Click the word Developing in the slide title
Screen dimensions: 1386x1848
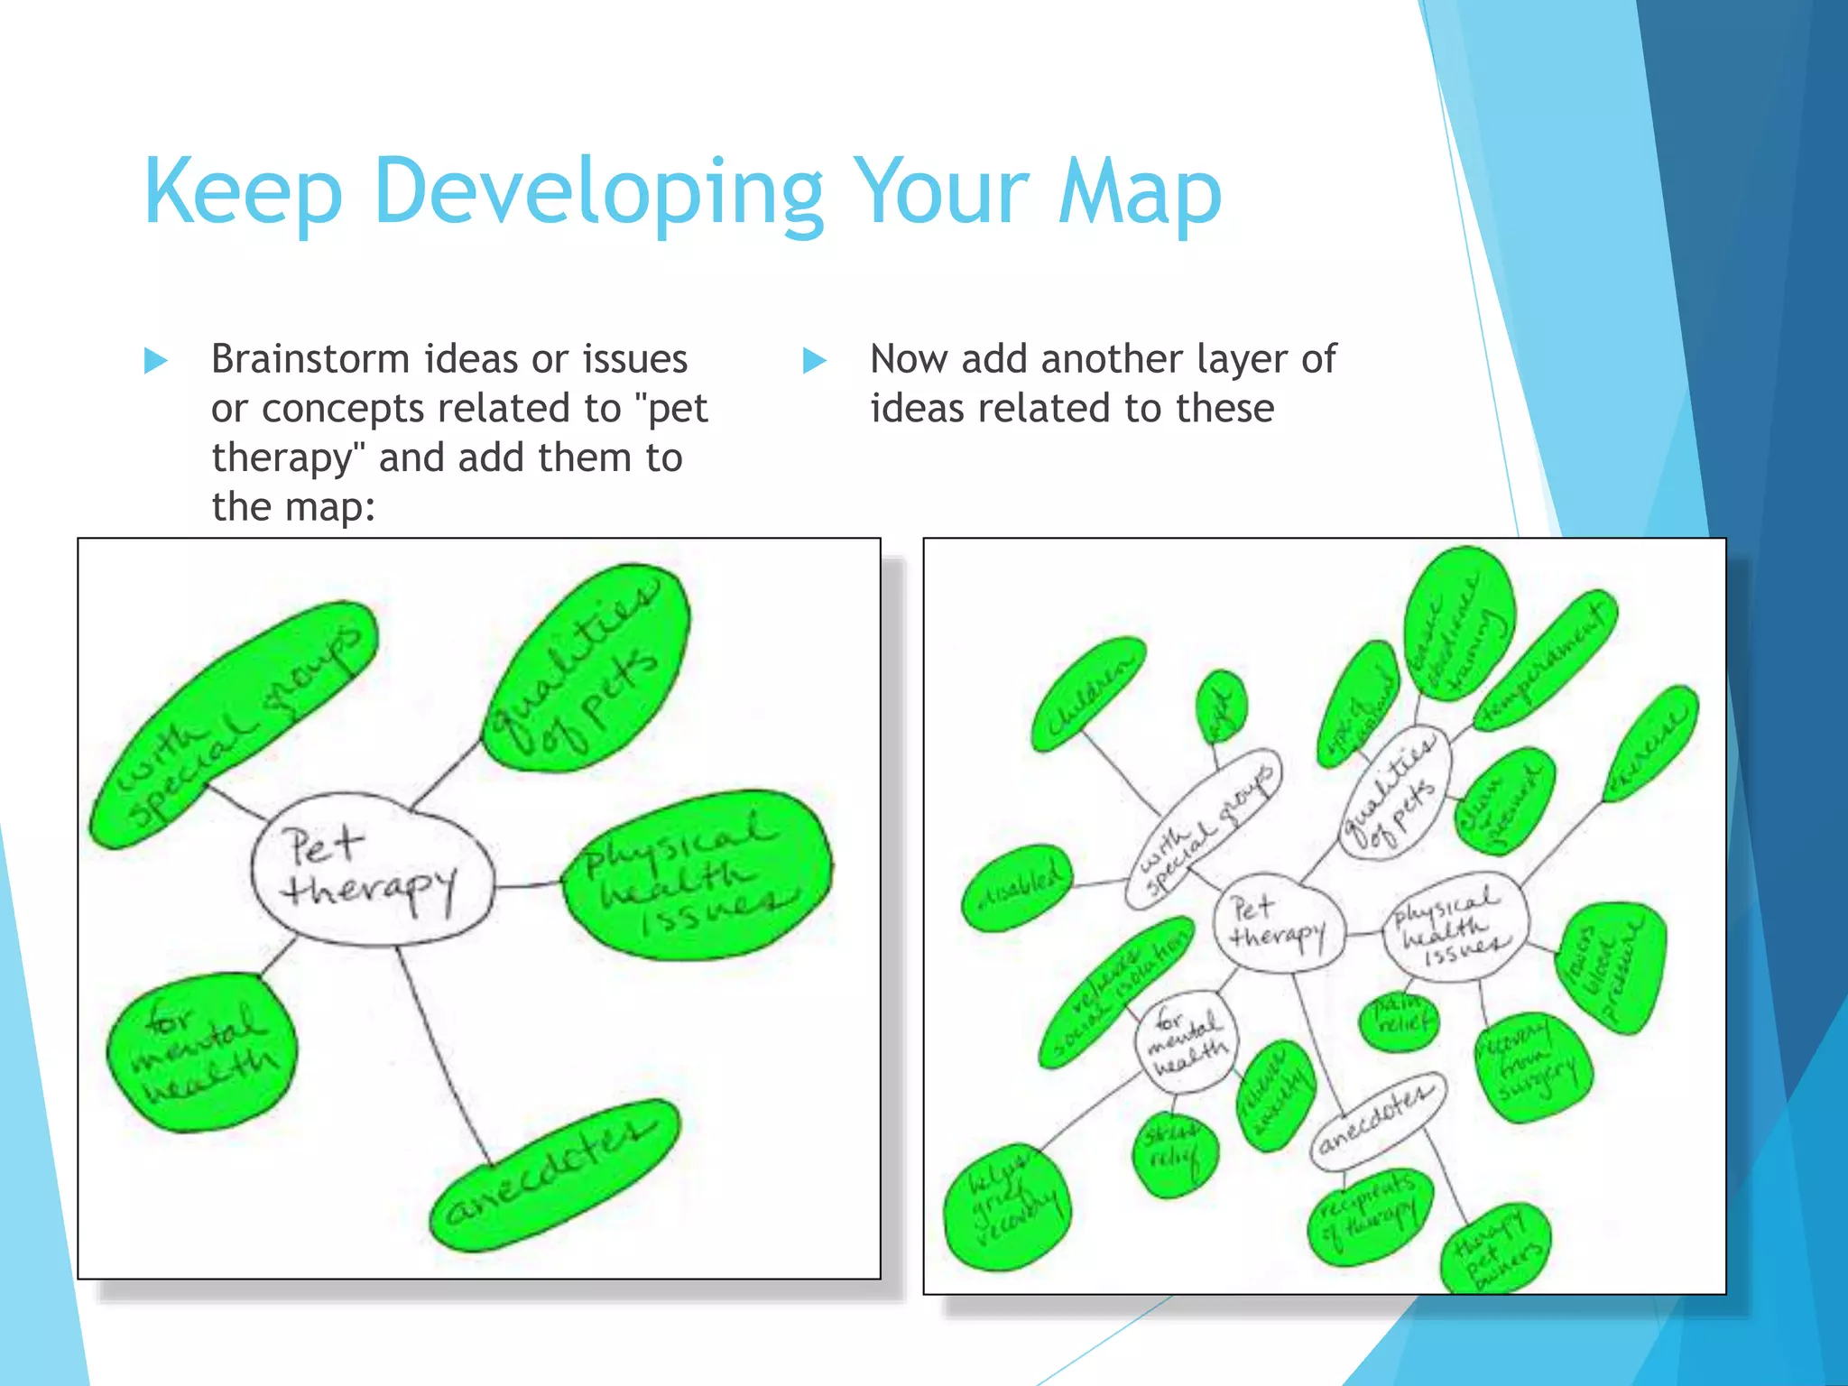pyautogui.click(x=597, y=191)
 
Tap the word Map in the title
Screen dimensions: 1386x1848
pyautogui.click(x=1140, y=191)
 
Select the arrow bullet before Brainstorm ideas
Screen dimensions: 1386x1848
pyautogui.click(x=156, y=361)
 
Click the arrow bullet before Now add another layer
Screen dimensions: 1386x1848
pyautogui.click(x=815, y=361)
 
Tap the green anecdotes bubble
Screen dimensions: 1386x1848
pyautogui.click(x=553, y=1176)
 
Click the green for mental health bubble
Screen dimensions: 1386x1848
pyautogui.click(x=202, y=1052)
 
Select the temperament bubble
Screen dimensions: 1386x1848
pyautogui.click(x=1545, y=660)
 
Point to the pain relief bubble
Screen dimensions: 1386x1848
pyautogui.click(x=1400, y=1021)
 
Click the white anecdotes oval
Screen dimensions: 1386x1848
pyautogui.click(x=1377, y=1122)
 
